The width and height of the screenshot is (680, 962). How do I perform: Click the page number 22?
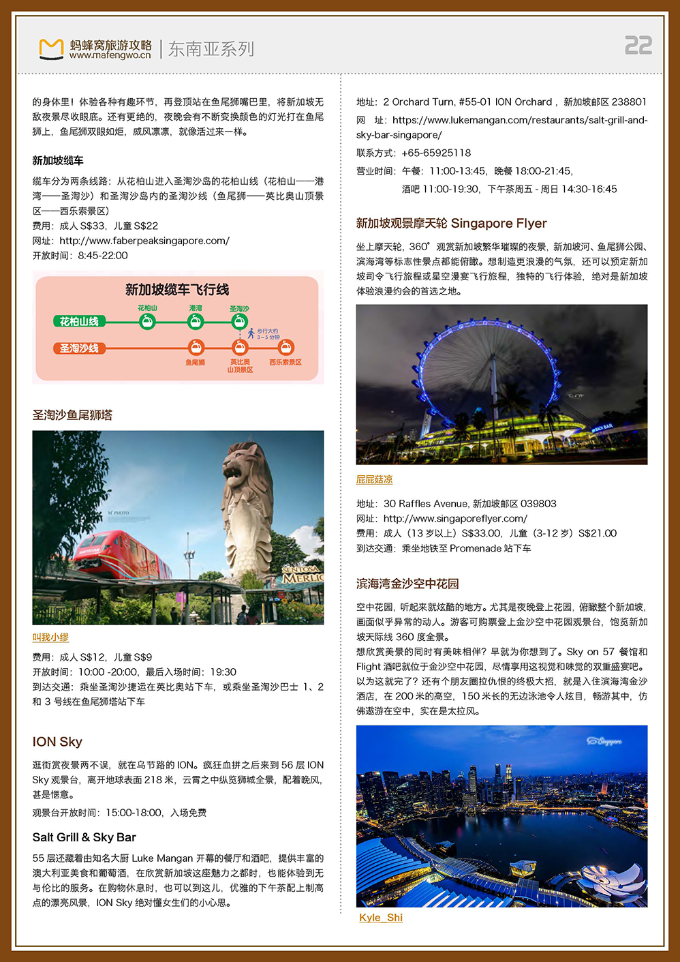(x=638, y=46)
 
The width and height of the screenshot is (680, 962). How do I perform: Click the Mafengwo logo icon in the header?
(x=51, y=49)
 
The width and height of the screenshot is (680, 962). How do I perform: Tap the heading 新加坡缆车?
(x=58, y=161)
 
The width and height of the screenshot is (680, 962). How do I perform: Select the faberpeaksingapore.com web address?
(x=144, y=241)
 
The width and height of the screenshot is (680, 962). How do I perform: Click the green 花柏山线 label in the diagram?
(x=79, y=321)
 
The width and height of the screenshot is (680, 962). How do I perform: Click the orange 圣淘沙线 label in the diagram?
(x=79, y=348)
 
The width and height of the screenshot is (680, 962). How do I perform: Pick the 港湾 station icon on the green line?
(x=196, y=321)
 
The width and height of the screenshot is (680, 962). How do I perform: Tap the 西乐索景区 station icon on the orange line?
(x=286, y=348)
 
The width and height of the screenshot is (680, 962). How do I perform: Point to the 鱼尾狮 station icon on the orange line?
(x=196, y=348)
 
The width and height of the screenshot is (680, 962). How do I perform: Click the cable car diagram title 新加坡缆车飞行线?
(x=177, y=290)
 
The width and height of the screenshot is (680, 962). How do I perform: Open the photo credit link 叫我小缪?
(x=50, y=637)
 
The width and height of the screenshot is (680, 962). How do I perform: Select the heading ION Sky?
(x=57, y=742)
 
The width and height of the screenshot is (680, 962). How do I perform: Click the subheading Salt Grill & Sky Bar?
(x=84, y=837)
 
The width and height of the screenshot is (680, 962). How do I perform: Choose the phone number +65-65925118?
(x=436, y=153)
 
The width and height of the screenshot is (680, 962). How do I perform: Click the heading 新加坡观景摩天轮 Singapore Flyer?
(x=451, y=224)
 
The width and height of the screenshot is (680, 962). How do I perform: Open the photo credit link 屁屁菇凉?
(x=374, y=480)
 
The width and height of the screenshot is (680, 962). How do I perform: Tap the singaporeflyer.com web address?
(x=455, y=519)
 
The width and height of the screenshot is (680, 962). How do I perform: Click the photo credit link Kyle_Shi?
(x=381, y=918)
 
